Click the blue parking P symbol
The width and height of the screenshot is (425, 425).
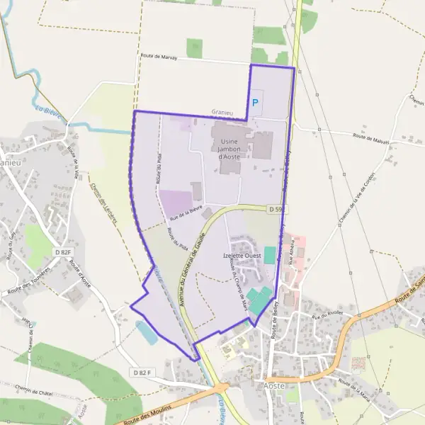(256, 103)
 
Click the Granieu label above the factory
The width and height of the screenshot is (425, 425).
(222, 112)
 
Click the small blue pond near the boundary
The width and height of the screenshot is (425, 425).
(147, 333)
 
